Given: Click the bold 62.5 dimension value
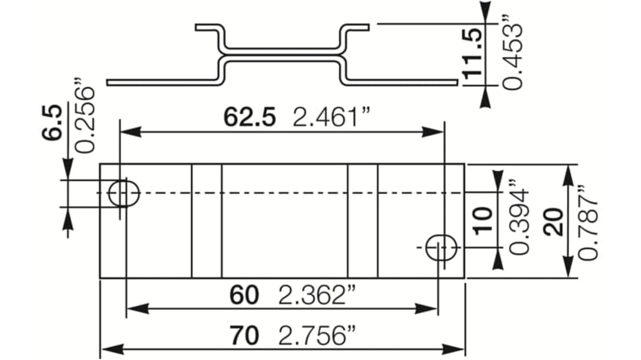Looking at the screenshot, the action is (249, 117).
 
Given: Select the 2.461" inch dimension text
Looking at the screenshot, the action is (332, 117).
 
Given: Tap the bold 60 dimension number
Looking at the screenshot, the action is (244, 295).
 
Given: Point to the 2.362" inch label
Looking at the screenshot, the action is (317, 295).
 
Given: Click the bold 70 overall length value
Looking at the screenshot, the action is (244, 336).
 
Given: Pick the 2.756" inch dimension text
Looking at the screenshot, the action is (317, 336).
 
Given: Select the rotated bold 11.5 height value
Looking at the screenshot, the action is (473, 53).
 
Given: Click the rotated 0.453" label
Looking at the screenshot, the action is (513, 52).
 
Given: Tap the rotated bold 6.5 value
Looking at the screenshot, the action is (53, 123).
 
